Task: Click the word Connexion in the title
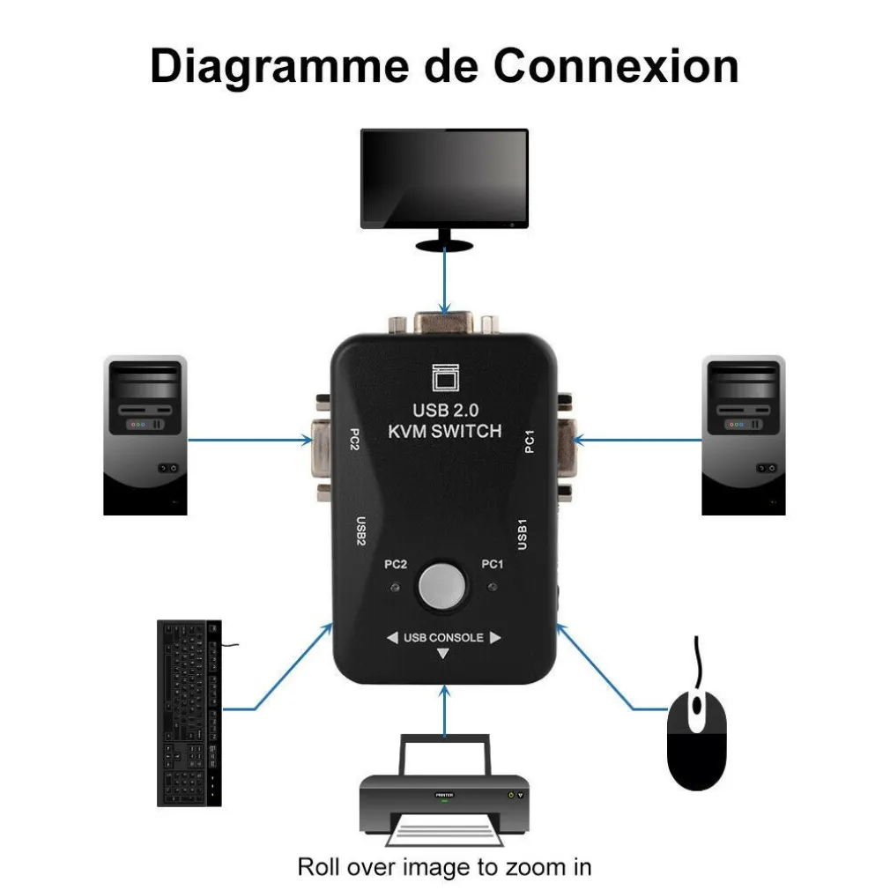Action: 615,66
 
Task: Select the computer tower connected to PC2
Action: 145,434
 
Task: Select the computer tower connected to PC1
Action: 743,434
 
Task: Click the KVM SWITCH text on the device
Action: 444,431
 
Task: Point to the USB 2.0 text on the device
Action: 444,409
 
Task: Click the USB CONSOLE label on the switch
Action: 443,637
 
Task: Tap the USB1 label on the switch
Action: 522,535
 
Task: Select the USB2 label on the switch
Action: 360,531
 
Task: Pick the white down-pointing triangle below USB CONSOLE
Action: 443,655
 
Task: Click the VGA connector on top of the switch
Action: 444,322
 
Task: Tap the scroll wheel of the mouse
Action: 697,706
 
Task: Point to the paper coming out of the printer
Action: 444,828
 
